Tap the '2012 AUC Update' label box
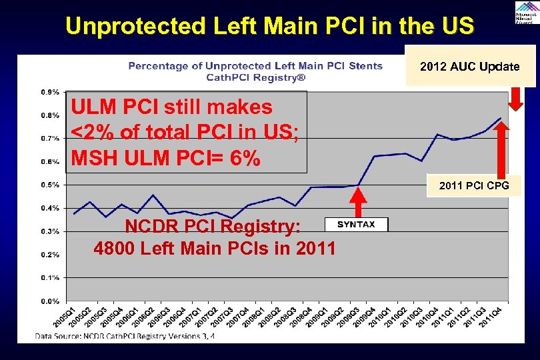coord(470,67)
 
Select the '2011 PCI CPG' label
coord(473,186)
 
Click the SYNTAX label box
coord(356,225)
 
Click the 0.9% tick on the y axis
coord(50,91)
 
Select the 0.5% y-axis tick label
coord(50,185)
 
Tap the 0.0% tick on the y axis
coord(50,301)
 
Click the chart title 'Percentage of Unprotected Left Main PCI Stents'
coord(255,65)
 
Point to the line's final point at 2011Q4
coord(501,118)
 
